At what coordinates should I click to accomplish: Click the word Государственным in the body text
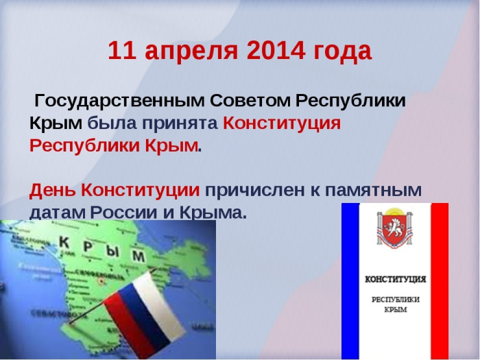[x=119, y=101]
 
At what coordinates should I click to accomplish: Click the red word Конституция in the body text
[x=282, y=123]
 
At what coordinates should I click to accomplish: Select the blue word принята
[x=180, y=124]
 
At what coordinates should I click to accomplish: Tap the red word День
[x=52, y=190]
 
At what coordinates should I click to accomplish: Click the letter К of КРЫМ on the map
[x=64, y=242]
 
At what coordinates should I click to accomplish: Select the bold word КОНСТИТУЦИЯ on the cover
[x=396, y=280]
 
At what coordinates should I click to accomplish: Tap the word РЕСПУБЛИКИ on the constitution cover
[x=396, y=300]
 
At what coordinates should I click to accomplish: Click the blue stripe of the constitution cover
[x=350, y=281]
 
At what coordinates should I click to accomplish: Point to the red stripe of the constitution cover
[x=440, y=281]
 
